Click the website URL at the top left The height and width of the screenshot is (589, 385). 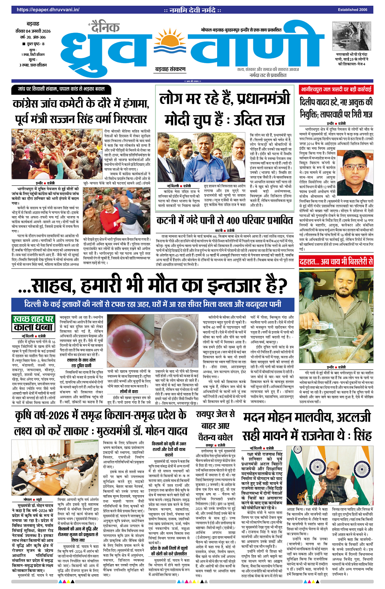(x=42, y=9)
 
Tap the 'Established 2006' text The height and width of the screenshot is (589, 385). (x=352, y=9)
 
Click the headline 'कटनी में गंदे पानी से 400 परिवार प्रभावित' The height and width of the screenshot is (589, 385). (x=224, y=220)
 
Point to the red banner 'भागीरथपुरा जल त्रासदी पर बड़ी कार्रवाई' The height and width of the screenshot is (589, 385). (x=336, y=89)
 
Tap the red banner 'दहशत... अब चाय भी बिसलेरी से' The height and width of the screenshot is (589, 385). (x=336, y=262)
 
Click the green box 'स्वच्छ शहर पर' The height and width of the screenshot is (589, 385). (x=33, y=319)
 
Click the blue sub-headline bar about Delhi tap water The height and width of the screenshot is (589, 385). (x=152, y=304)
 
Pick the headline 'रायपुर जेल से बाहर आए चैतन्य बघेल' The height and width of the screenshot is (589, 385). (x=215, y=425)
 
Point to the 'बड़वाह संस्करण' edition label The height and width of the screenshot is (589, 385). (x=170, y=70)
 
